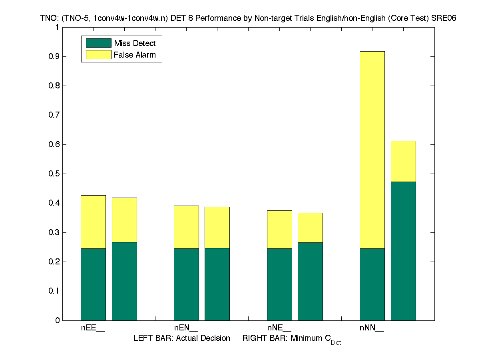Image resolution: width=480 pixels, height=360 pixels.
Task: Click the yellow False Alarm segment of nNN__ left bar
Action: coord(372,150)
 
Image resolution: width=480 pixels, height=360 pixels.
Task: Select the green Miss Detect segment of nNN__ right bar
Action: coord(403,251)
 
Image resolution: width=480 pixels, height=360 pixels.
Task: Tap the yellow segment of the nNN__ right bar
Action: coord(403,161)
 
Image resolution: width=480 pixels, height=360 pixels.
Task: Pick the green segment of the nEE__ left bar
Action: coord(93,284)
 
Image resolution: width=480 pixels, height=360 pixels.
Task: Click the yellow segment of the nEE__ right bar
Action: coord(124,220)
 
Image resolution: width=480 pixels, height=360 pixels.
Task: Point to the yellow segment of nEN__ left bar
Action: coord(186,227)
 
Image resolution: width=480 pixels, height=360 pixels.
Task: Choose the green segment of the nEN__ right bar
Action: coord(217,284)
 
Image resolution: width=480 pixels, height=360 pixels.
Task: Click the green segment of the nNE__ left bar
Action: coord(279,284)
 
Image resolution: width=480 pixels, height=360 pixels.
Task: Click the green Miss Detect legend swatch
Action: coord(98,43)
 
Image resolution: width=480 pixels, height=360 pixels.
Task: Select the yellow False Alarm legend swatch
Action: coord(98,55)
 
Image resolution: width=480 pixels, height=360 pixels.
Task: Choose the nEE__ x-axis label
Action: coord(93,328)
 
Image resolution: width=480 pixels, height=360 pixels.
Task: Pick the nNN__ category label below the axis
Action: coord(372,328)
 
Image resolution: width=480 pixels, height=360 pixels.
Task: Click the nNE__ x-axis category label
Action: coord(279,328)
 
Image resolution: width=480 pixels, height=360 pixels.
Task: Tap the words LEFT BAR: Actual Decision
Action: coord(182,338)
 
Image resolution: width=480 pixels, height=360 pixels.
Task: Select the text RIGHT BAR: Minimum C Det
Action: coord(292,339)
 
